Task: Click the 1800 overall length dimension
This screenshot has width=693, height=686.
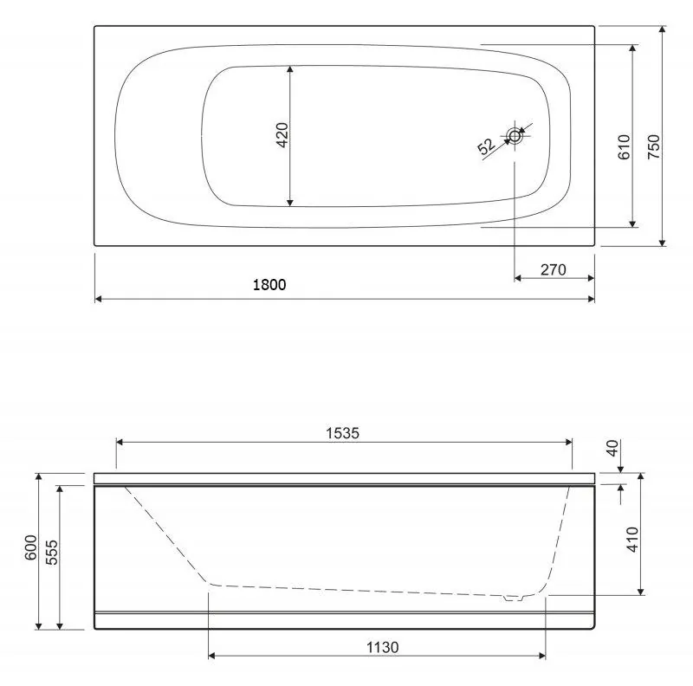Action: (269, 285)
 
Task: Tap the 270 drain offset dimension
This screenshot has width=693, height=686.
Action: (554, 269)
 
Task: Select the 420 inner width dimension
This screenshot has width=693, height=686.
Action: (282, 135)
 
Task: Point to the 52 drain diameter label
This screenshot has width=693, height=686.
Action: (486, 146)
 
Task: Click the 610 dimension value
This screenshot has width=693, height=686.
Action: (624, 147)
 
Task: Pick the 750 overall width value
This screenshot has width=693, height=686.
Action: (654, 147)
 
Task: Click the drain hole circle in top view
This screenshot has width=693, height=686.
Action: (515, 136)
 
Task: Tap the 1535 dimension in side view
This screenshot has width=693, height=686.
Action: (342, 433)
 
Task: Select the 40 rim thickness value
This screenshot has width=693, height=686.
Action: (612, 448)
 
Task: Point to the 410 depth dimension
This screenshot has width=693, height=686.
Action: (633, 540)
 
